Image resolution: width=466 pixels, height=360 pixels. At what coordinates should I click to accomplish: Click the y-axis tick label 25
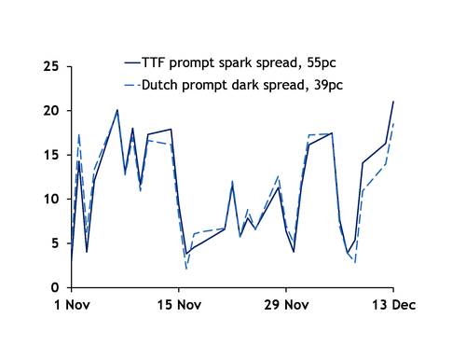coord(51,66)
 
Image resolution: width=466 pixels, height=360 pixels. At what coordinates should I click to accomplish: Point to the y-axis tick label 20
coord(51,110)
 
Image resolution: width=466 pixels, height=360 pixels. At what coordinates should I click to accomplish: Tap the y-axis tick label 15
coord(51,155)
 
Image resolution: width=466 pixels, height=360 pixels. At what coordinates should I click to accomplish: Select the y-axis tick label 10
coord(51,199)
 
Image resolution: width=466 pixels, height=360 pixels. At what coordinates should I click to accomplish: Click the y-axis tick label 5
coord(56,243)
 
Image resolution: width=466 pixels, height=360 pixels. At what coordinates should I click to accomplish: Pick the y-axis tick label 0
coord(56,287)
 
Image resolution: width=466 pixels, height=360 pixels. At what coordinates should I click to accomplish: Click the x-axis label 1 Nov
coord(71,305)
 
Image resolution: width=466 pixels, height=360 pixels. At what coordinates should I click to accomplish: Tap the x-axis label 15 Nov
coord(178,305)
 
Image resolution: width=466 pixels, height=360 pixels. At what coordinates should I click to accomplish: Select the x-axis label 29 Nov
coord(286,305)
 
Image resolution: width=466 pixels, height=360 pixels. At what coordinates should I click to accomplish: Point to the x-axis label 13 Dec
coord(393,305)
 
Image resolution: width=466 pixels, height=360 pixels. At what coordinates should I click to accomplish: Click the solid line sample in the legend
coord(131,62)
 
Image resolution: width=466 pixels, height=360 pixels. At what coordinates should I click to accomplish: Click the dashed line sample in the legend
coord(131,86)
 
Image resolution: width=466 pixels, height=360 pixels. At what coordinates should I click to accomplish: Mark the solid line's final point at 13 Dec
coord(393,101)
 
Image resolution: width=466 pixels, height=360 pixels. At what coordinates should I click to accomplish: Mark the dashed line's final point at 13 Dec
coord(393,123)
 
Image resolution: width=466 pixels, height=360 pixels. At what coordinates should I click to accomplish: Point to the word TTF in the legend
coord(153,62)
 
